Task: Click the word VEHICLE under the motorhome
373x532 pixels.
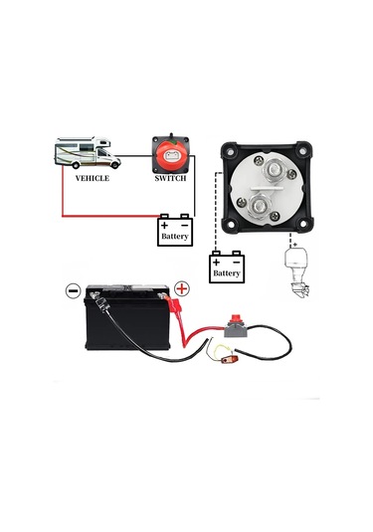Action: (x=92, y=179)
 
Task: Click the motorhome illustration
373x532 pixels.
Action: (x=87, y=154)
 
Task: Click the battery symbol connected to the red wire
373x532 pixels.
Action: (x=175, y=231)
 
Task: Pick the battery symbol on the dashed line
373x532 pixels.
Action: (x=227, y=266)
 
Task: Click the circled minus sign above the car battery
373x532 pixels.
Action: (x=73, y=291)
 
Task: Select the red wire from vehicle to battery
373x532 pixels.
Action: (x=109, y=214)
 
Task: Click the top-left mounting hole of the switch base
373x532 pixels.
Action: (x=230, y=152)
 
